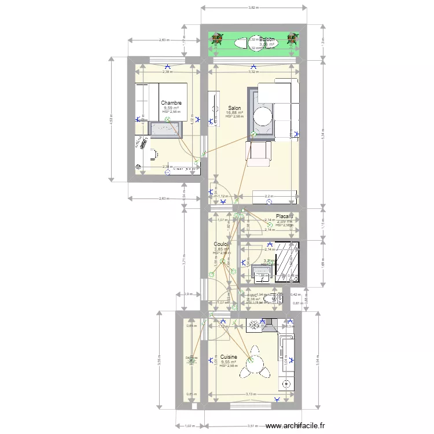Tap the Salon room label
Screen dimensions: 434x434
(x=234, y=108)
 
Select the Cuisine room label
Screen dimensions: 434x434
(x=229, y=357)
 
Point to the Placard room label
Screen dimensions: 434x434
(x=284, y=216)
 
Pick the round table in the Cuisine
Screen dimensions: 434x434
(x=253, y=366)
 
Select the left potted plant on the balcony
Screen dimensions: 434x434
(x=217, y=39)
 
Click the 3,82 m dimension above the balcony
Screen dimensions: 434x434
(x=253, y=8)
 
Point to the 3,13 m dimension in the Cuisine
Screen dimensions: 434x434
(x=251, y=395)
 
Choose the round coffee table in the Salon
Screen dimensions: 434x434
(x=263, y=116)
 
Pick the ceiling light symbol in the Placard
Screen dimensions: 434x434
(x=270, y=225)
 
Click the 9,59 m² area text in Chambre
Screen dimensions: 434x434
(x=171, y=108)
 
